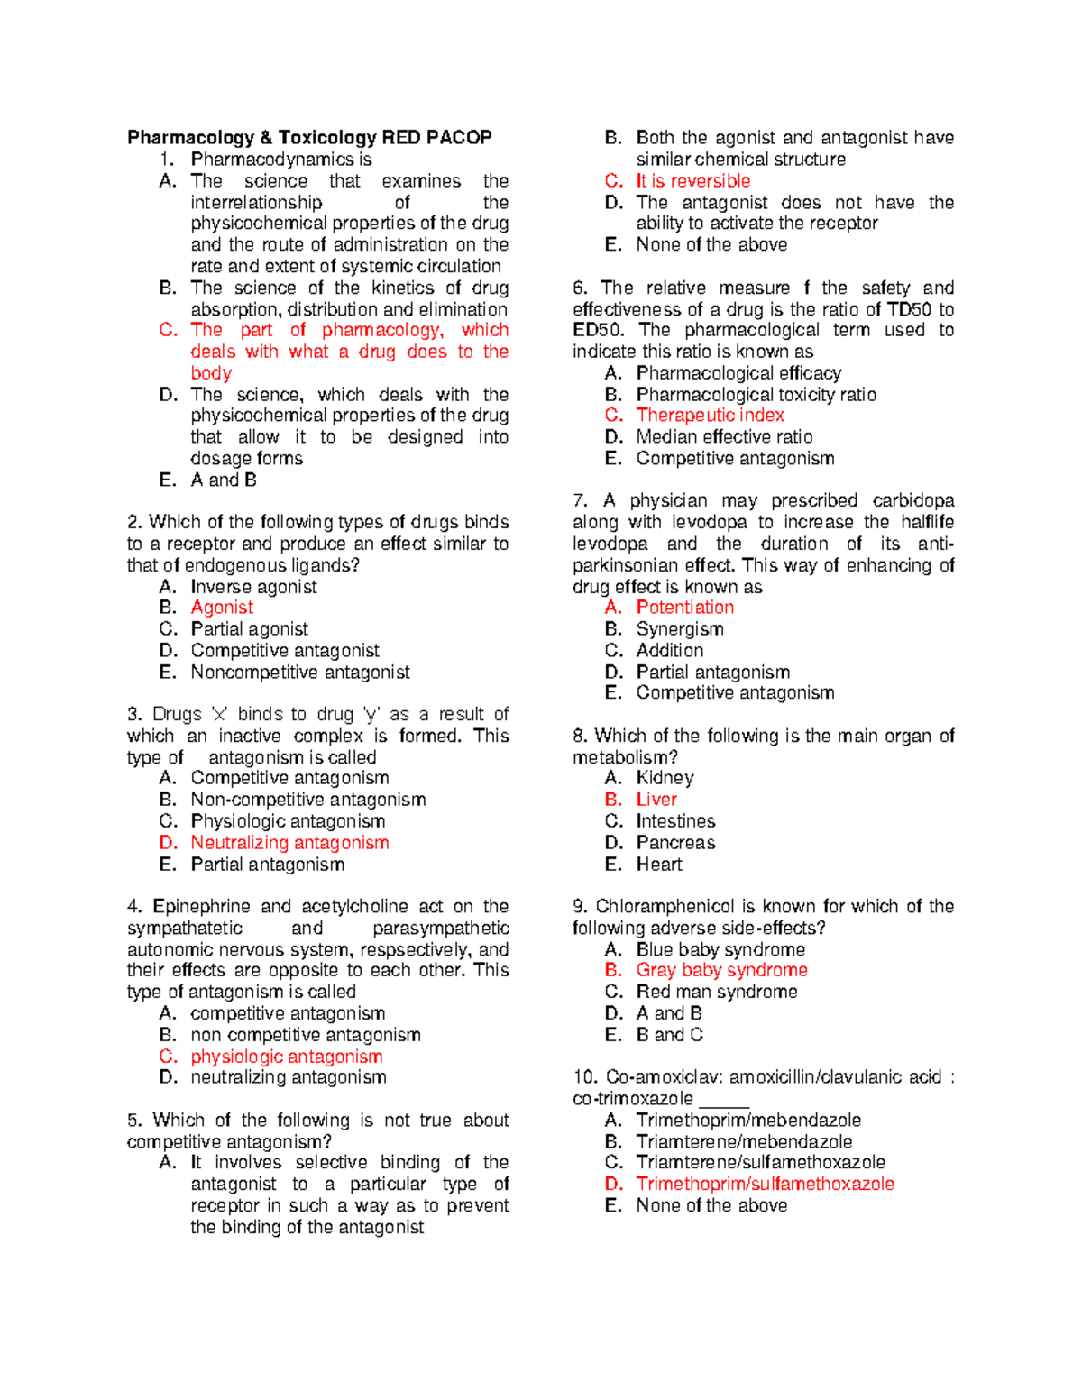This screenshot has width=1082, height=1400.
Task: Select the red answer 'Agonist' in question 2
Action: point(222,608)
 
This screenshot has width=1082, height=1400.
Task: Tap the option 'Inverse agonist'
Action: point(253,587)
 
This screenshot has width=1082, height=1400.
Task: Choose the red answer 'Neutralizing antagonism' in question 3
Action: point(289,843)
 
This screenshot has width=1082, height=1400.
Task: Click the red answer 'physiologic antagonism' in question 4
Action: point(287,1057)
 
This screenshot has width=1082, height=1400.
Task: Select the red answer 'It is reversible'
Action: point(692,180)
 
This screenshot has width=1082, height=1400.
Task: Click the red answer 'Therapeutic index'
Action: point(710,416)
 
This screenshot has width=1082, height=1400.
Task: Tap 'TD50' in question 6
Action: point(908,309)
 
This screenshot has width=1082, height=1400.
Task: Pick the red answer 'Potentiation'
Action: point(684,608)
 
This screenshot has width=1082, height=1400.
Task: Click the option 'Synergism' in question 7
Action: point(680,629)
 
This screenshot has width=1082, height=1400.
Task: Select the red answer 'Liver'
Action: point(656,800)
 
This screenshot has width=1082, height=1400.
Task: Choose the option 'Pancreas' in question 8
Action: point(675,843)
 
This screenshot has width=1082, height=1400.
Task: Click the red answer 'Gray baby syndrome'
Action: point(721,970)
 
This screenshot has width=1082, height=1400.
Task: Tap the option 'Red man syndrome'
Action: point(716,992)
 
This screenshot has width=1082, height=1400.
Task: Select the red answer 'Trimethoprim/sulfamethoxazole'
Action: point(765,1184)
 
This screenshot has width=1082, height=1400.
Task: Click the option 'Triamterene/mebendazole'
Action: point(744,1141)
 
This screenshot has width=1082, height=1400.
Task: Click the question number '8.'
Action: point(580,736)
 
